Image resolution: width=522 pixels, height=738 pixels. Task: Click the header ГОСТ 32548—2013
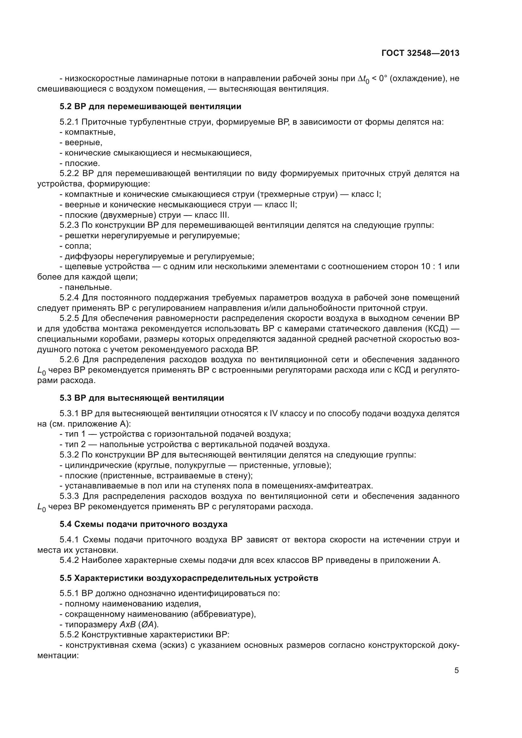420,53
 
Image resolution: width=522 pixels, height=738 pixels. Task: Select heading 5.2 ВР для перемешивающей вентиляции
150,106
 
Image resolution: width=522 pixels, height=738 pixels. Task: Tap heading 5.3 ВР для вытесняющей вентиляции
141,398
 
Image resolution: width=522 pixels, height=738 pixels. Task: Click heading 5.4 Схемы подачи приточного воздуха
143,524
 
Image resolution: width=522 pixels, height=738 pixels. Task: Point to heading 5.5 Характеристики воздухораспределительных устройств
189,578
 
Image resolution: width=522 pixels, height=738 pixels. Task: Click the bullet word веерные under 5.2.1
83,142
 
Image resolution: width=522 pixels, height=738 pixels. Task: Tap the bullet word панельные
88,287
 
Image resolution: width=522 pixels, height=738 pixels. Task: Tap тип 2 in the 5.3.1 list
75,445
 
